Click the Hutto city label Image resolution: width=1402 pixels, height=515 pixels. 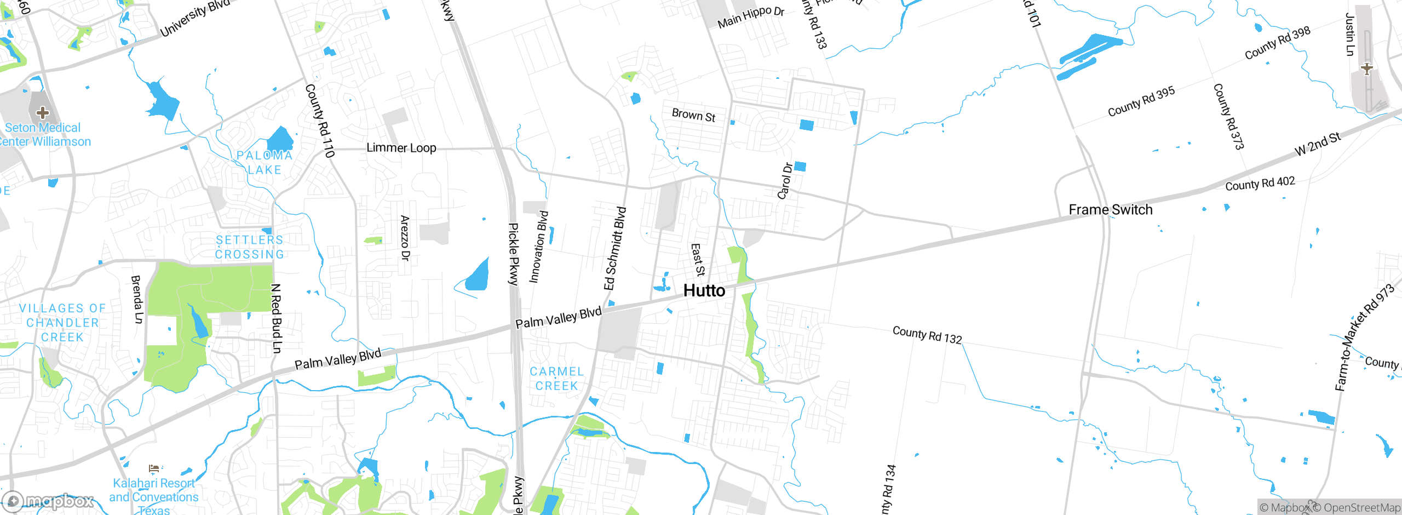click(x=704, y=290)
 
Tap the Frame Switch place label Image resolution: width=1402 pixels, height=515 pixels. click(x=1111, y=210)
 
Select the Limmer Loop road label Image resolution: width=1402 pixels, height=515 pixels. click(x=401, y=148)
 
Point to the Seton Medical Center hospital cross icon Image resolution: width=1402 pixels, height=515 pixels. click(x=43, y=113)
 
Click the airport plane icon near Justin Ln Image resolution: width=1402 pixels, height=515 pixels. click(x=1367, y=69)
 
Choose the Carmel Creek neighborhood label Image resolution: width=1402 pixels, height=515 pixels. click(x=557, y=379)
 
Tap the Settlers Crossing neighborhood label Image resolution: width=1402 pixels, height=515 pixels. click(x=250, y=247)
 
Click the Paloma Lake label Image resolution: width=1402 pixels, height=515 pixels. click(x=265, y=163)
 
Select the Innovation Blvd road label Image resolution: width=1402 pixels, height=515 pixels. click(x=538, y=247)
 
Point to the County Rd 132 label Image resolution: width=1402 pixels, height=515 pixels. click(x=927, y=335)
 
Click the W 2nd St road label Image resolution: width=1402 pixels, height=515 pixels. click(x=1318, y=144)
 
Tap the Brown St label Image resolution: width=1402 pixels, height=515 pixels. click(x=693, y=115)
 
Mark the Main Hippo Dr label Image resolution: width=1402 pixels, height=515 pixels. click(x=751, y=17)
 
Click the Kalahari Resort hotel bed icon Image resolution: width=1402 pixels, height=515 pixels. click(x=154, y=468)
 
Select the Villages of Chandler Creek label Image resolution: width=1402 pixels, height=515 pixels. click(x=62, y=323)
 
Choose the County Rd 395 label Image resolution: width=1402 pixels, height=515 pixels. click(x=1141, y=101)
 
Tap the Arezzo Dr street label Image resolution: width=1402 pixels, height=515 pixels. click(x=405, y=238)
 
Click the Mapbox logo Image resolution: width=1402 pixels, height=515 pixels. click(x=48, y=501)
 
